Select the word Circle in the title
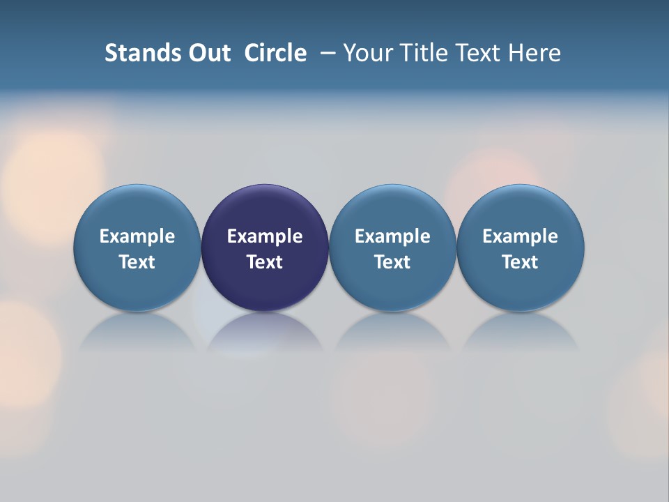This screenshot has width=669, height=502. coord(275,53)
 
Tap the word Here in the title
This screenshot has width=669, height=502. coord(535,53)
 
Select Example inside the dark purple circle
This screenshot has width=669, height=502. coord(265,236)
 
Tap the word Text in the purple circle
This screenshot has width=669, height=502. coord(265,262)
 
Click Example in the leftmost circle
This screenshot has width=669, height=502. coord(137,236)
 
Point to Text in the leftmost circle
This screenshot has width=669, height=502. coord(137,262)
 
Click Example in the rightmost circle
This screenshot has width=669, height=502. coord(521,236)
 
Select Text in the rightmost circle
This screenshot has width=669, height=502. coord(521,262)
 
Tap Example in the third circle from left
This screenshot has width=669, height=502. coord(392,236)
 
